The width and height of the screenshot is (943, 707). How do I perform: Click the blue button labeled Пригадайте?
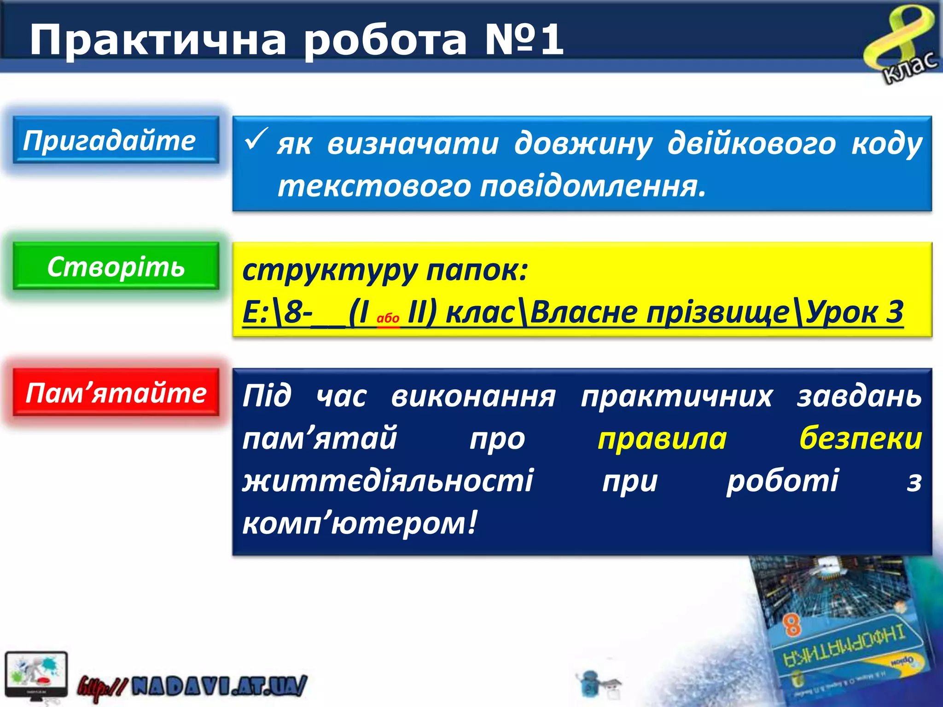pos(115,140)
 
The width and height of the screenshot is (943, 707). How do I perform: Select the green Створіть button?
pos(115,267)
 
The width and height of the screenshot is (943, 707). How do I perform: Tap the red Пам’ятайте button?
pos(115,393)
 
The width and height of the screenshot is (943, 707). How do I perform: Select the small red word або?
pos(388,318)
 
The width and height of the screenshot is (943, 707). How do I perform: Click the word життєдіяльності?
pos(388,481)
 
